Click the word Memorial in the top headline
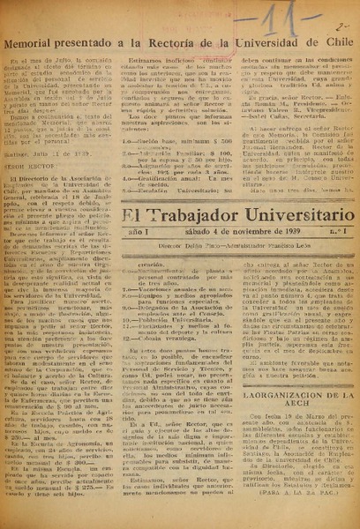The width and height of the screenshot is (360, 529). [x=41, y=41]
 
